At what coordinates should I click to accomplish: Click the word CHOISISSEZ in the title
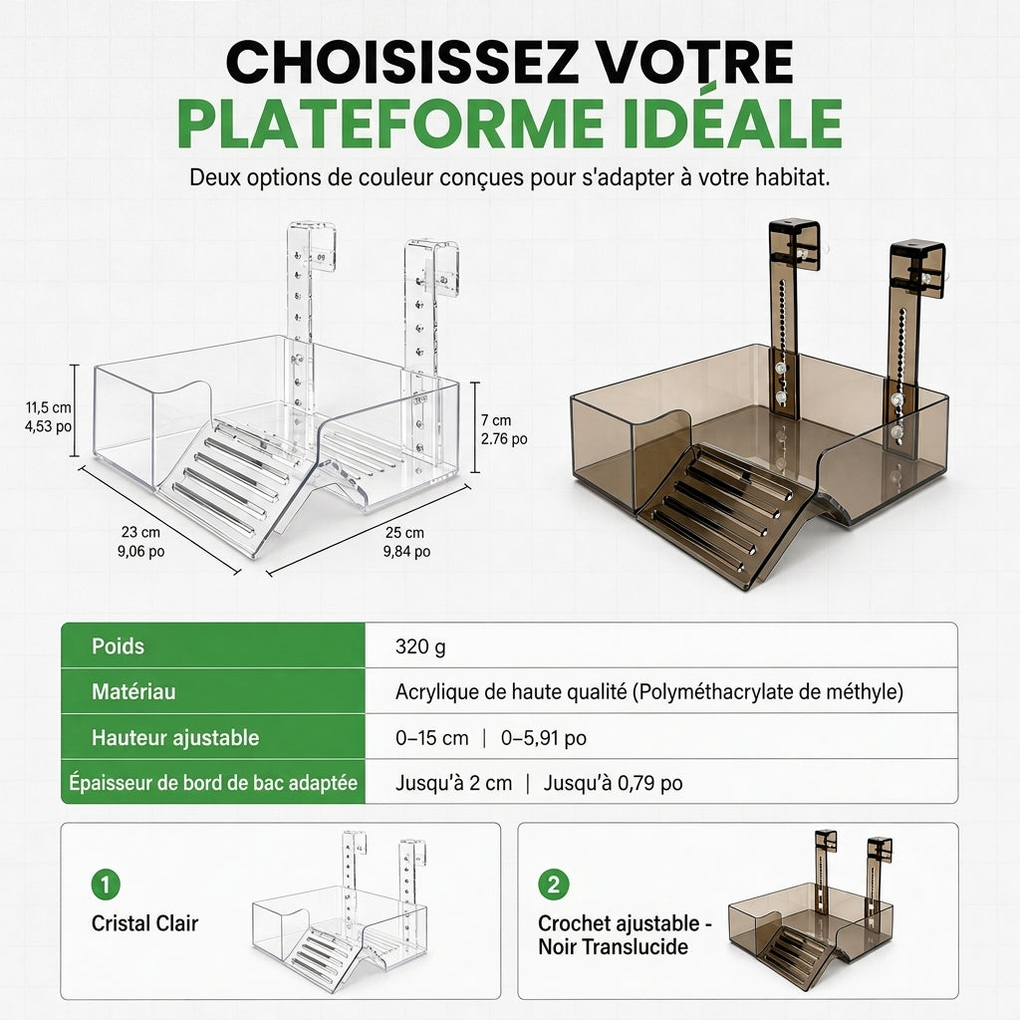pos(402,62)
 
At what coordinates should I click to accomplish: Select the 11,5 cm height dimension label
pos(48,417)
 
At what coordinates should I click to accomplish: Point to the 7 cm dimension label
pos(504,429)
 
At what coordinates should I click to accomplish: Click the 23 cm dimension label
pos(140,542)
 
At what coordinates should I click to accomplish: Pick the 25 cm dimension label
pos(406,542)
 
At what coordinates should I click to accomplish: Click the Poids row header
pos(118,645)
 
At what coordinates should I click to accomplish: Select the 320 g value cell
pos(420,646)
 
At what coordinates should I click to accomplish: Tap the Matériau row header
pos(133,691)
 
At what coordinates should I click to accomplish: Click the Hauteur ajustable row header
pos(175,738)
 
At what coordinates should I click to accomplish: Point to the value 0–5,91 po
pos(543,738)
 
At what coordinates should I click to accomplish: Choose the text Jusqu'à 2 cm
pos(453,783)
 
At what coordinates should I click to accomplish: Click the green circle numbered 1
pos(106,885)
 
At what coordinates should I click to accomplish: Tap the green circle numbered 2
pos(554,885)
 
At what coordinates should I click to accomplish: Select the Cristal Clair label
pos(144,923)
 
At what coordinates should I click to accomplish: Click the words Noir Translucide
pos(613,946)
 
